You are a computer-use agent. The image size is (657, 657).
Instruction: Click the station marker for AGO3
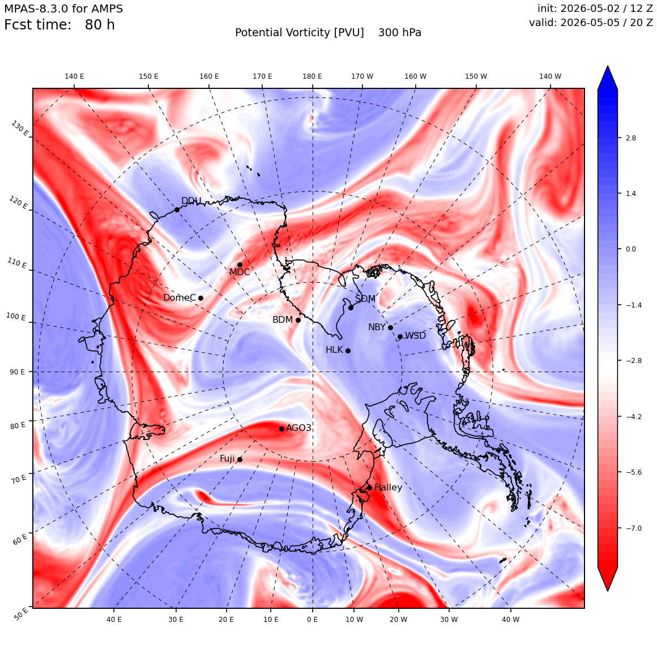point(282,429)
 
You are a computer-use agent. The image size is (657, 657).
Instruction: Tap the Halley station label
point(388,487)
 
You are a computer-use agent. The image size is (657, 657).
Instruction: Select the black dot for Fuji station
point(240,459)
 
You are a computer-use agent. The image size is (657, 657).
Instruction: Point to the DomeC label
point(180,297)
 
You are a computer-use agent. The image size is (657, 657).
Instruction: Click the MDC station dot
point(240,264)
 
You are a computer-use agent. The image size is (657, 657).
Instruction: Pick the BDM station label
point(283,319)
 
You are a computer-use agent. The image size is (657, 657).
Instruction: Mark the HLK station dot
point(348,351)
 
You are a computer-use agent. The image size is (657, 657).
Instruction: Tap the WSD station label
point(415,336)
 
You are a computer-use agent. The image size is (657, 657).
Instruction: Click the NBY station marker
point(390,327)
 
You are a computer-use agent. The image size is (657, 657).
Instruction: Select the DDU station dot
point(177,210)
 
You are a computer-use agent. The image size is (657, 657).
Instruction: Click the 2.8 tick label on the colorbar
point(630,138)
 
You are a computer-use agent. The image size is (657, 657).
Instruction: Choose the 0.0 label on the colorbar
point(630,249)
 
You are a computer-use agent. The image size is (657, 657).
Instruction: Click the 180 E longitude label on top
point(312,76)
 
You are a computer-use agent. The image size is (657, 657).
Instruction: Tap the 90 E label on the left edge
point(17,372)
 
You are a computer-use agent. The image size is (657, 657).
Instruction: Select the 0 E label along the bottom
point(312,619)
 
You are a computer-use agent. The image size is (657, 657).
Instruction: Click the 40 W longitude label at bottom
point(511,619)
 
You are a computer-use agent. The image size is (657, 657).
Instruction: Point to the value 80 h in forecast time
point(100,25)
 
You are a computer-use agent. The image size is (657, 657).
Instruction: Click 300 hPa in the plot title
point(400,32)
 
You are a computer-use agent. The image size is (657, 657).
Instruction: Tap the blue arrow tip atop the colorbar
point(608,66)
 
